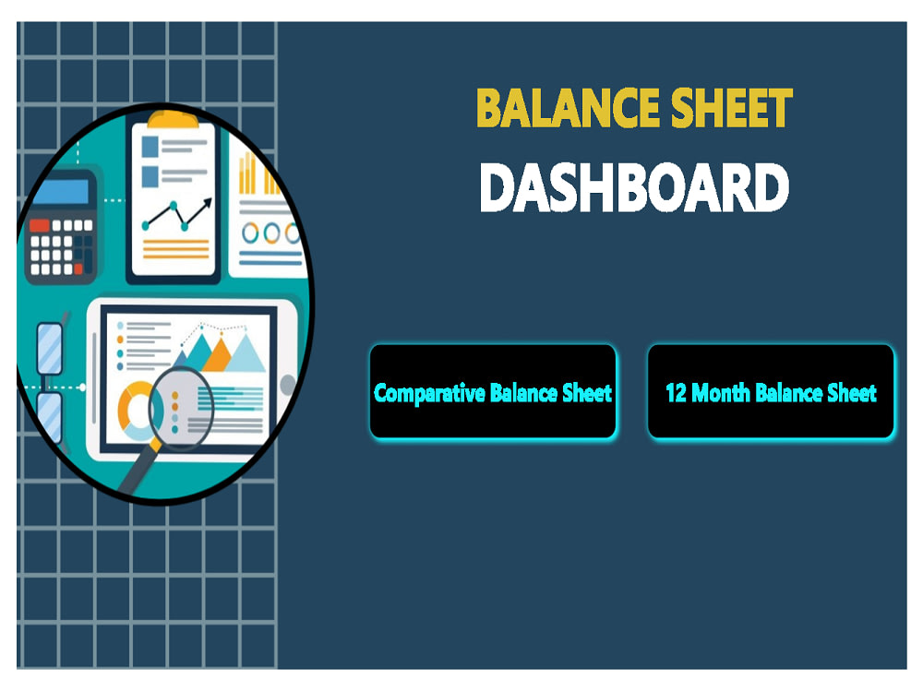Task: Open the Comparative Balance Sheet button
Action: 493,392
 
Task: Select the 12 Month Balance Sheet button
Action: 771,392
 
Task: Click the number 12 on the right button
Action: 676,393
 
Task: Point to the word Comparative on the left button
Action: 429,393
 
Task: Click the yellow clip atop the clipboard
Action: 174,118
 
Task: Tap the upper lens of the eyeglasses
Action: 50,345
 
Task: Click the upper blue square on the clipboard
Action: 149,146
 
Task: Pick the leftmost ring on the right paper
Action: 250,233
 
